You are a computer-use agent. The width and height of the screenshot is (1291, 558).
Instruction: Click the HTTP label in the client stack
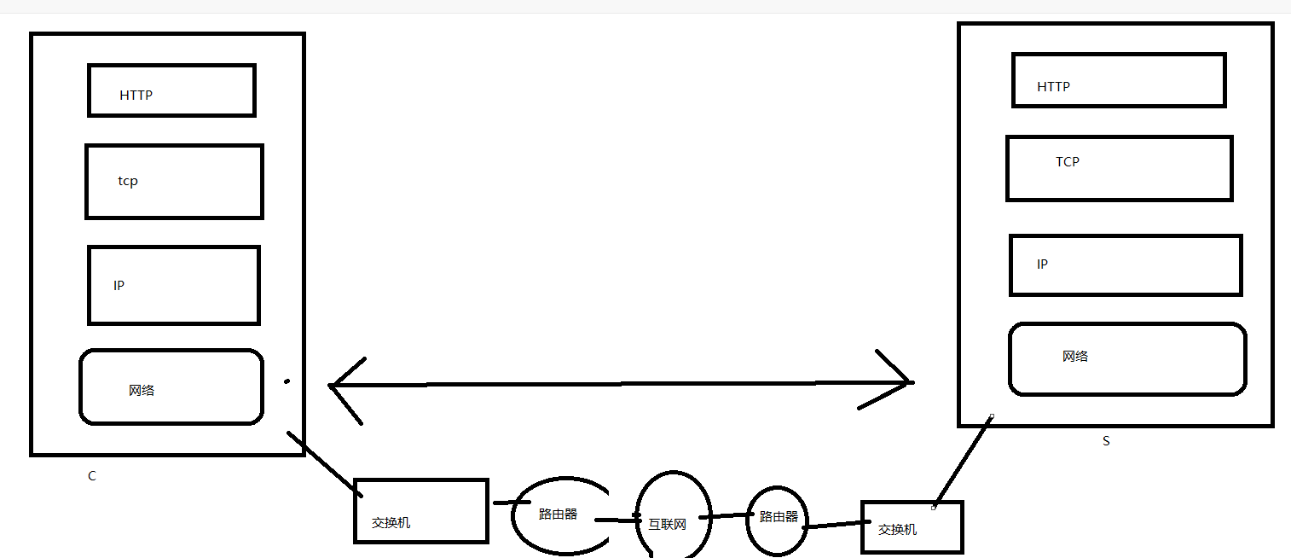click(x=136, y=96)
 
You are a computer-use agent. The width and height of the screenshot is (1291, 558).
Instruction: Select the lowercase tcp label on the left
click(x=128, y=182)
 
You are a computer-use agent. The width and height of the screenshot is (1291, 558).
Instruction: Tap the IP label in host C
click(x=119, y=286)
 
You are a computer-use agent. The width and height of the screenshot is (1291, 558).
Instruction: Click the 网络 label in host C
click(x=142, y=391)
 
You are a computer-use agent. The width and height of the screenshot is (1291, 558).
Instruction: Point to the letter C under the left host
click(x=92, y=477)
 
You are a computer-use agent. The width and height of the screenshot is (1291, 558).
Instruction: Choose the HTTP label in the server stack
click(x=1053, y=87)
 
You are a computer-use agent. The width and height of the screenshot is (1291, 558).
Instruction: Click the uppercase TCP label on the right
click(x=1068, y=162)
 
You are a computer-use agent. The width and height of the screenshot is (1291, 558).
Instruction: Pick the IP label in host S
click(x=1042, y=264)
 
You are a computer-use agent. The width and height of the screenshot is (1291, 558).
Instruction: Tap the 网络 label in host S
click(x=1075, y=357)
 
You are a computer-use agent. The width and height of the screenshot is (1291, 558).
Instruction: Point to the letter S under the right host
click(x=1106, y=442)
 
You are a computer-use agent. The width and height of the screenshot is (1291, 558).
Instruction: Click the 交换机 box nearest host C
click(x=420, y=510)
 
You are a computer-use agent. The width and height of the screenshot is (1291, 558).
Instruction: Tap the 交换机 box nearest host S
click(x=912, y=527)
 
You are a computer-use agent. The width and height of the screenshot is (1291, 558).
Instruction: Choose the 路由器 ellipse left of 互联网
click(x=560, y=514)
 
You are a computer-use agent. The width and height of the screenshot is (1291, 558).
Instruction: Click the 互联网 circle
click(x=673, y=514)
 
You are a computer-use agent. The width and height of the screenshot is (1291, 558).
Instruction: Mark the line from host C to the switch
click(x=322, y=461)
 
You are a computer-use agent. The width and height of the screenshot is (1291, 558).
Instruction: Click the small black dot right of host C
click(x=287, y=381)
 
